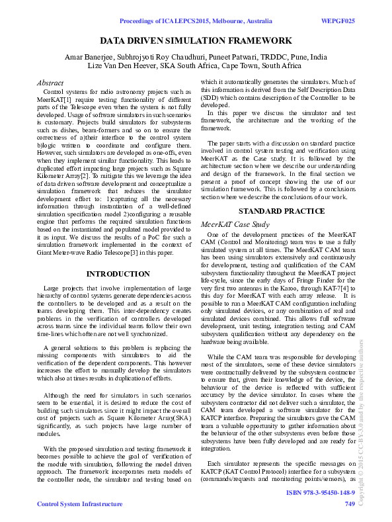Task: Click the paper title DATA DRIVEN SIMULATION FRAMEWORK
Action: pos(196,40)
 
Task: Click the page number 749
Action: pos(350,505)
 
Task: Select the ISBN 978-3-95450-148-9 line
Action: pos(320,493)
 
